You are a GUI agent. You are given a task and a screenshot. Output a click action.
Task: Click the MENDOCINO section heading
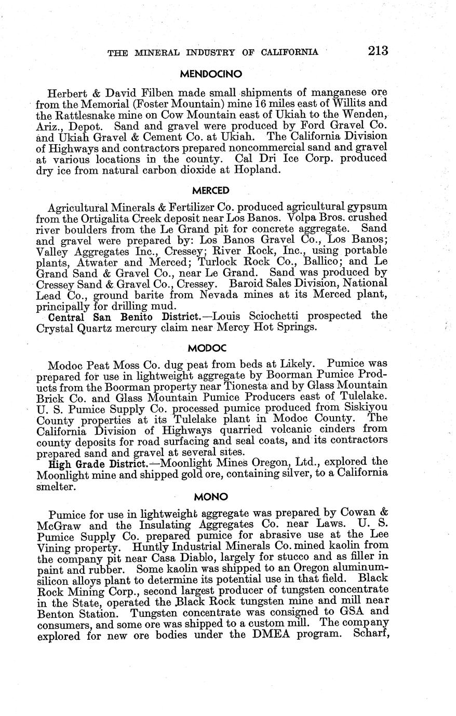coord(210,74)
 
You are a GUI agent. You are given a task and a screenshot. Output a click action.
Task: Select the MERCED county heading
coord(210,190)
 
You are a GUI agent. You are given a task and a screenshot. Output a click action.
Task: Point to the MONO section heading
coord(210,497)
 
